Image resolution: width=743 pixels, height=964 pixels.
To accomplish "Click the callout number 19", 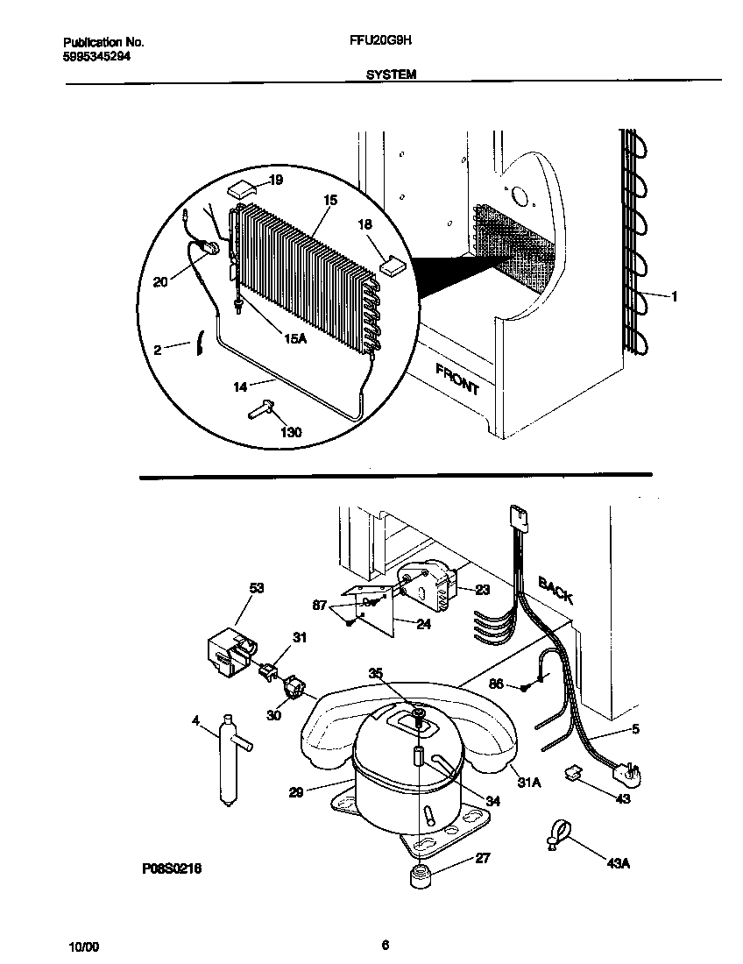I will pos(276,181).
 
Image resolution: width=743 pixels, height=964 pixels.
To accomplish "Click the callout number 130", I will pos(290,432).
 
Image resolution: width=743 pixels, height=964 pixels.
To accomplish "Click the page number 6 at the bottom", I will pos(385,944).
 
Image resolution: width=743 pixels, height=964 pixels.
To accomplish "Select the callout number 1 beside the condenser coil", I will pos(674,297).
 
